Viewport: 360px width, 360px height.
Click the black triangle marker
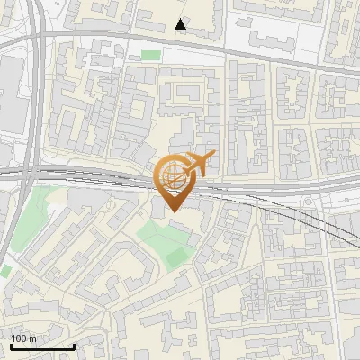pos(181,24)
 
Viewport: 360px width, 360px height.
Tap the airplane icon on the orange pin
pos(199,164)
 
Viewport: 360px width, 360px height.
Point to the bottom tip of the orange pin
pos(172,212)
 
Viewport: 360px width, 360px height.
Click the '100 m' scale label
pos(23,338)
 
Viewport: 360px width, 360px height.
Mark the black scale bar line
pos(42,346)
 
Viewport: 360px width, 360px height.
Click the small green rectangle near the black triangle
pos(150,56)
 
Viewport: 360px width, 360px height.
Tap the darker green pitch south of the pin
pos(177,256)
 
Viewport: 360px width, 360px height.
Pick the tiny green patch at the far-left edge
pos(4,270)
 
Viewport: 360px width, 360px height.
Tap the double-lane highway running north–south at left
pos(33,108)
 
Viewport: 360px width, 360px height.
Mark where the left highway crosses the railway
pos(30,173)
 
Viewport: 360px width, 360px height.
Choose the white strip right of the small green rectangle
pos(193,56)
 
